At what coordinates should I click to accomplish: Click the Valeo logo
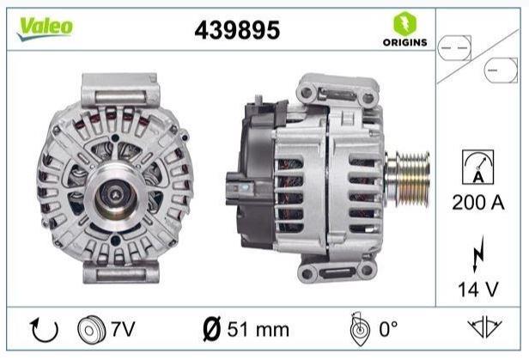click(46, 28)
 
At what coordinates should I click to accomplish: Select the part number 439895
click(237, 30)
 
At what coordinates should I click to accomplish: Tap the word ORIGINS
click(404, 42)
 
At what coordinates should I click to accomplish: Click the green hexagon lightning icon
click(404, 23)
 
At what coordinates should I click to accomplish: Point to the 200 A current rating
click(478, 203)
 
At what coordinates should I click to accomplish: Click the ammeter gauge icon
click(478, 167)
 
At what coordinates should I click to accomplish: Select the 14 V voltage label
click(477, 290)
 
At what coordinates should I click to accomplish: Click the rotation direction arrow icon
click(44, 330)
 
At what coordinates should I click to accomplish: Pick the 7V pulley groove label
click(123, 329)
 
